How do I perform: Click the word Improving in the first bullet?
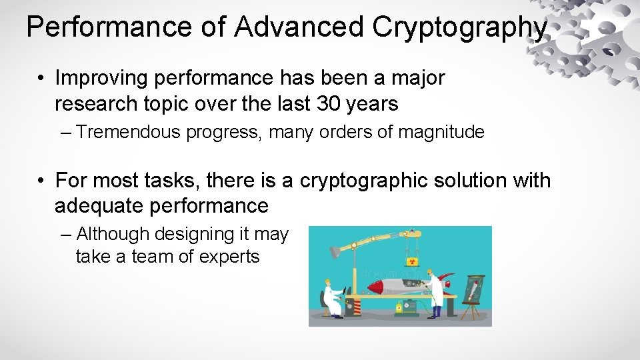coord(101,79)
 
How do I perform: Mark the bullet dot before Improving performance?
coord(41,79)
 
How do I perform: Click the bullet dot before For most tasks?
coord(41,181)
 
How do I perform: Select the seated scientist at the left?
coord(331,297)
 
